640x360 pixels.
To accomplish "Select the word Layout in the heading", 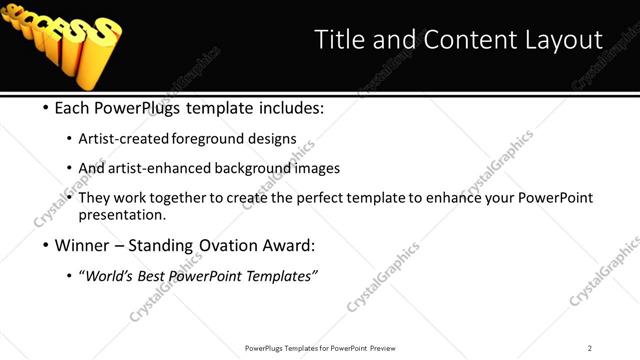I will [560, 40].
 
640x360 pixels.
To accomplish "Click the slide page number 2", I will [590, 347].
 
